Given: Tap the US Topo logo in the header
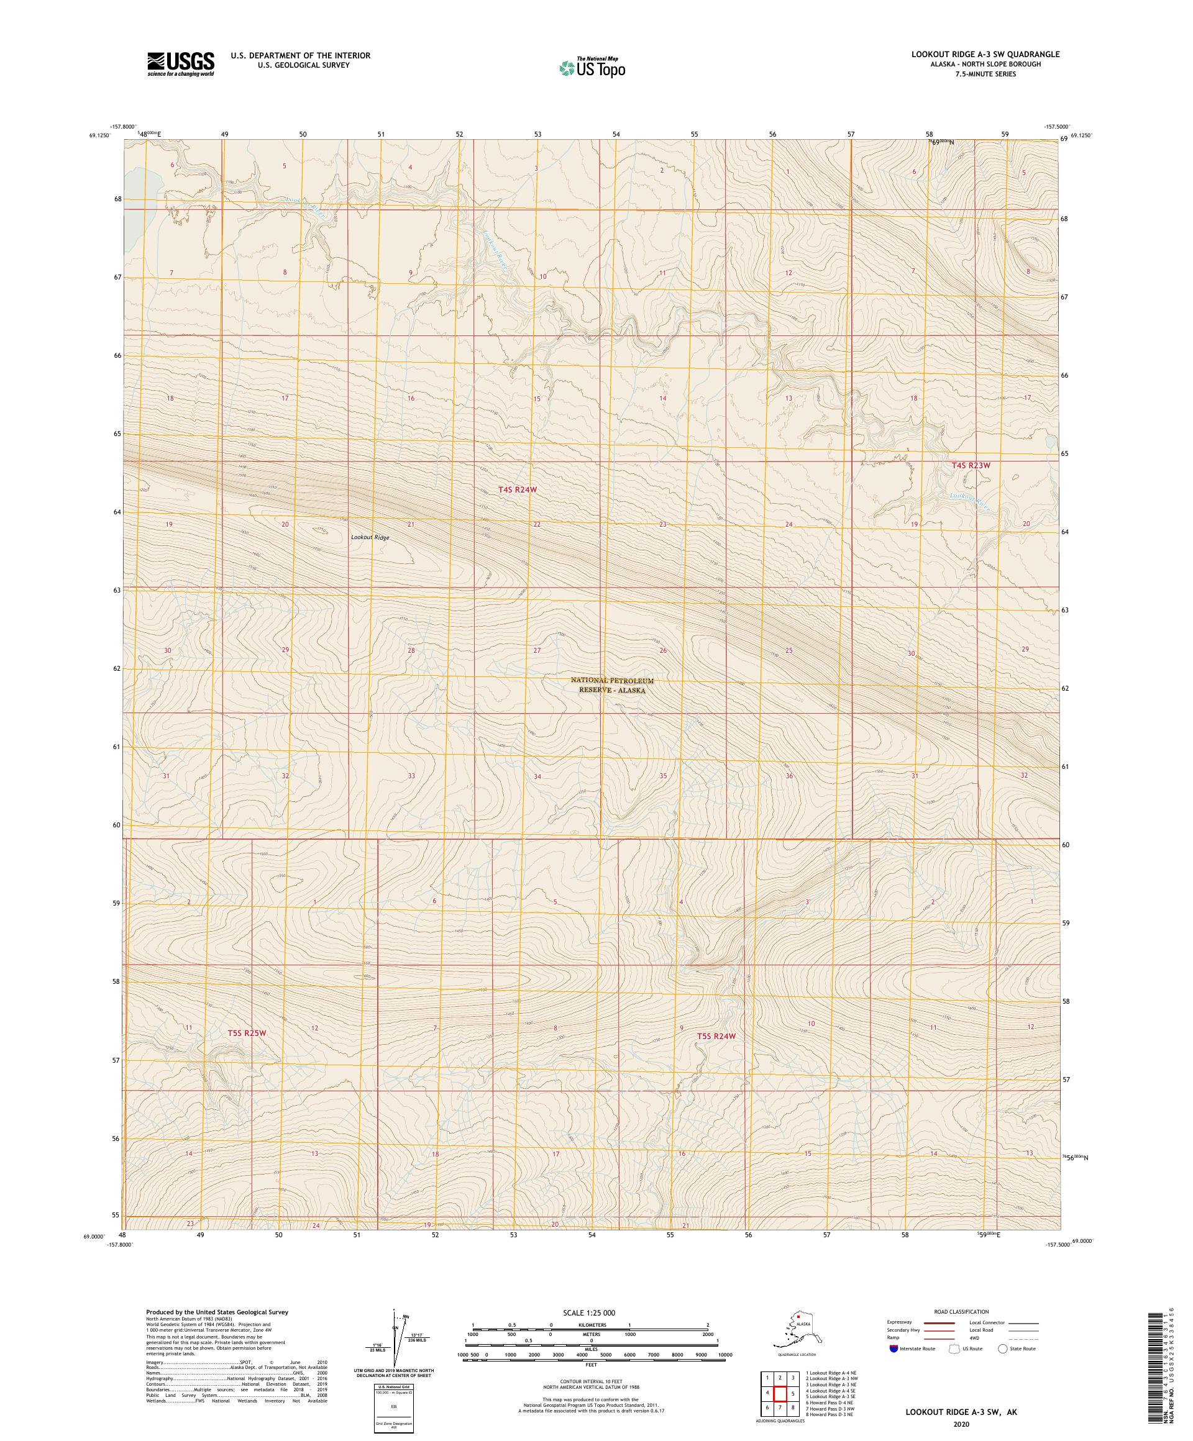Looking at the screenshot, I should (x=593, y=67).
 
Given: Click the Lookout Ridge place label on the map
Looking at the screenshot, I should (x=372, y=538).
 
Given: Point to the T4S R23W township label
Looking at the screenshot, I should (x=971, y=466).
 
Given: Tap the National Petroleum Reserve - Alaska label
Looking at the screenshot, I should (x=611, y=686).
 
